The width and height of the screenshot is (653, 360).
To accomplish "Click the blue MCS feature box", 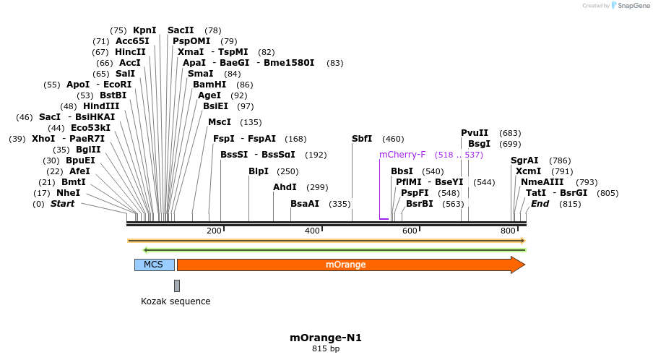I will click(154, 265).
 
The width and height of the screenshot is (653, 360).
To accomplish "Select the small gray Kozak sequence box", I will click(177, 286).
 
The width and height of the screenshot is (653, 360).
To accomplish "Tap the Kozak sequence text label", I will click(176, 301).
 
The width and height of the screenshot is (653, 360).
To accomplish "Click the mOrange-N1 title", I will click(325, 338).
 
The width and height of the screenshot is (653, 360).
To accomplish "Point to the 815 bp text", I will click(325, 349).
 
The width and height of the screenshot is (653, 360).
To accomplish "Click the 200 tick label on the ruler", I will click(214, 231).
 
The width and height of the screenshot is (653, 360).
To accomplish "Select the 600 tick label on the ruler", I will click(410, 231).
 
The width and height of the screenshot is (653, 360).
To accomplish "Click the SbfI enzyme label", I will click(362, 139).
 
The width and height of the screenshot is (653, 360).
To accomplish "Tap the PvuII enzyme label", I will click(475, 133).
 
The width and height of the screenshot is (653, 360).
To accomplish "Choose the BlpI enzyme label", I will click(259, 171).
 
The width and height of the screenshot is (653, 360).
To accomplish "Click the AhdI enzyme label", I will click(285, 187).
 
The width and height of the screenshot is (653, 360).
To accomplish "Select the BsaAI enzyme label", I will click(305, 204).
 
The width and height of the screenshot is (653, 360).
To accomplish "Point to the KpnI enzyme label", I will click(144, 30).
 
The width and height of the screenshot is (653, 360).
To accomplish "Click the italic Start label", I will click(62, 204).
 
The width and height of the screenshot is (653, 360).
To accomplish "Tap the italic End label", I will click(540, 204).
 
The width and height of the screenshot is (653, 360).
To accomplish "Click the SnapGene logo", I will click(630, 6).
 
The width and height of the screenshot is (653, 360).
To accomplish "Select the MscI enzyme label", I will click(220, 122).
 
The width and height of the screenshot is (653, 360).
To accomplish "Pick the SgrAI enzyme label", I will click(524, 160).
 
